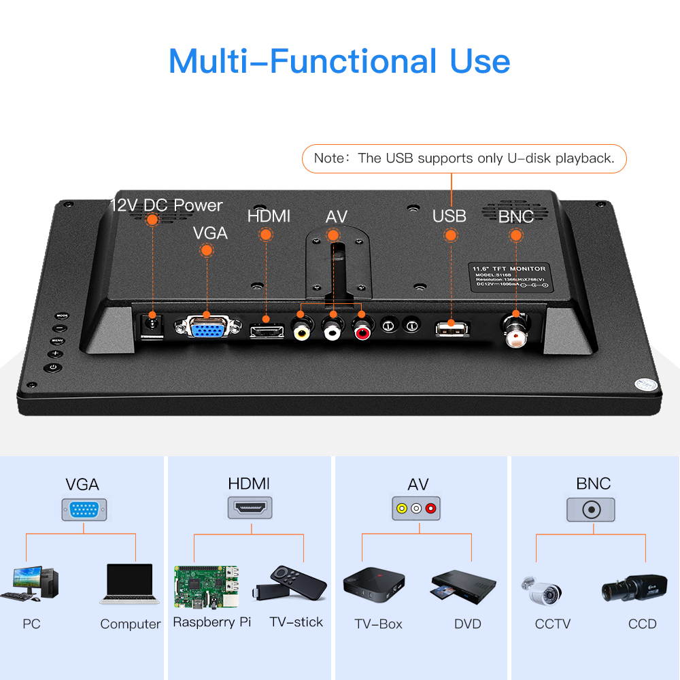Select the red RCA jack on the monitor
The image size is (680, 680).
[x=361, y=331]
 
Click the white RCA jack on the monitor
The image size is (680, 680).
[x=332, y=331]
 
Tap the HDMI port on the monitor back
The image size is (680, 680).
[x=267, y=331]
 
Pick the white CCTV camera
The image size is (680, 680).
[x=542, y=590]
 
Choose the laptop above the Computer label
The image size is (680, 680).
[x=129, y=584]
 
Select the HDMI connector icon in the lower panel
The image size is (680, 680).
[x=249, y=508]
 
